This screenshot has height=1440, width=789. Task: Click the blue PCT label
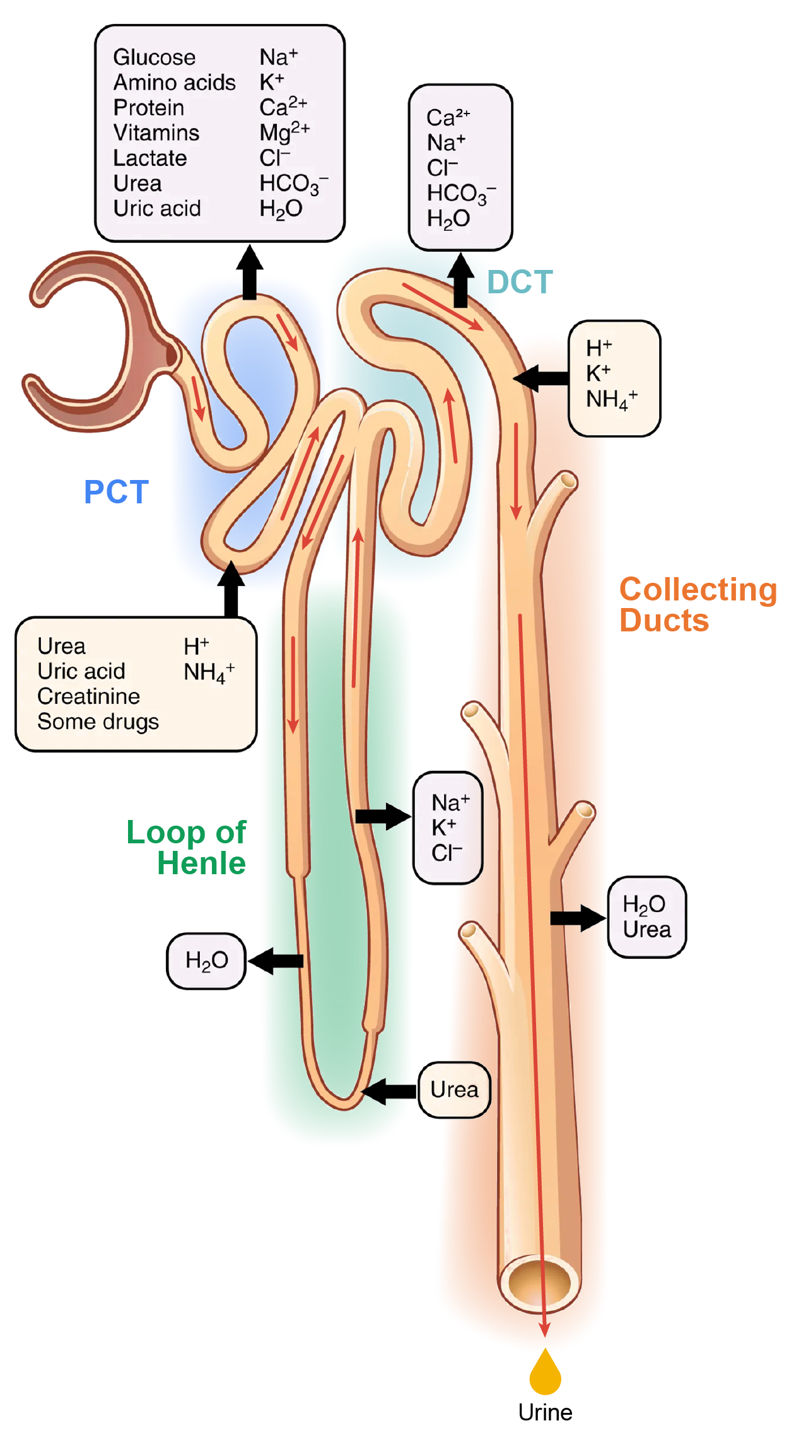click(x=116, y=492)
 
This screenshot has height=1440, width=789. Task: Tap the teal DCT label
click(x=520, y=282)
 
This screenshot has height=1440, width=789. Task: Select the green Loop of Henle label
click(x=187, y=847)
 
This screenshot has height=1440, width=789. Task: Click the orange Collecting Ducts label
click(x=697, y=604)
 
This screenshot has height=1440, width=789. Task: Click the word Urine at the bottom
click(x=545, y=1412)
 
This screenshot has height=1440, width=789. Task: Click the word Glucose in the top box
click(x=155, y=57)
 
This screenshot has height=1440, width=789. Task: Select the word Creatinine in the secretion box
click(x=88, y=696)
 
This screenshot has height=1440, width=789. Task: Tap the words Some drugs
click(x=98, y=722)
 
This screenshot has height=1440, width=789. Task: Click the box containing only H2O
click(x=206, y=961)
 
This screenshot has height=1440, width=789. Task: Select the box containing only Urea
click(x=454, y=1089)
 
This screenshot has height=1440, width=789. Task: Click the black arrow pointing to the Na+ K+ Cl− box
click(x=382, y=817)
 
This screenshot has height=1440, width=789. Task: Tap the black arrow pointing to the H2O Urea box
click(x=577, y=918)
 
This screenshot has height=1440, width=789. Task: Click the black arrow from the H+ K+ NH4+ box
click(x=541, y=378)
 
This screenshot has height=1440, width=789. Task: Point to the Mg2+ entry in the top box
click(x=284, y=132)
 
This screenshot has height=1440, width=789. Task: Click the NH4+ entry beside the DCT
click(x=611, y=399)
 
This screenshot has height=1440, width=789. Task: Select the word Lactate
click(x=150, y=158)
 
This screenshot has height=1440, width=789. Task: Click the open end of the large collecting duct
click(x=539, y=1282)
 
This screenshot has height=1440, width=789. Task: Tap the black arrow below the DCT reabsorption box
click(x=461, y=281)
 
